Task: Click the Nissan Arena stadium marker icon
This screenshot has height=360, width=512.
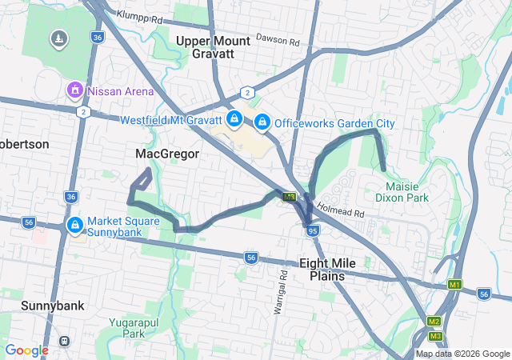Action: pyautogui.click(x=75, y=90)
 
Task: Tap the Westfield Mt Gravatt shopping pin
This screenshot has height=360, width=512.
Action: pyautogui.click(x=234, y=120)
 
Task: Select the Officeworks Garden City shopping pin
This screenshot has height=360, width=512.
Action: pyautogui.click(x=262, y=122)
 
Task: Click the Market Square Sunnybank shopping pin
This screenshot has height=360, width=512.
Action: pyautogui.click(x=75, y=226)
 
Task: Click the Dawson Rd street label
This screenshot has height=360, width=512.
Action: pyautogui.click(x=278, y=38)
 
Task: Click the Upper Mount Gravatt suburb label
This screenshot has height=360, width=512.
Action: pyautogui.click(x=205, y=47)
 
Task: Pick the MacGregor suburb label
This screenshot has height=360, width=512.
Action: pyautogui.click(x=167, y=154)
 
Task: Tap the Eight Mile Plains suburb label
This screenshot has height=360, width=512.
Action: pyautogui.click(x=322, y=269)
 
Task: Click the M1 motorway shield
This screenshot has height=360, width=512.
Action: pyautogui.click(x=455, y=284)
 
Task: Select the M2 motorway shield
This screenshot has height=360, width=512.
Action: pyautogui.click(x=434, y=322)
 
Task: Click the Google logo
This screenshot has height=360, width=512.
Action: pyautogui.click(x=26, y=350)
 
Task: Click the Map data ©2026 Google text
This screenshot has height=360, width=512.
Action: pyautogui.click(x=462, y=354)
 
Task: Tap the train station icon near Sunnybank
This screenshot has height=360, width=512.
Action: pyautogui.click(x=64, y=341)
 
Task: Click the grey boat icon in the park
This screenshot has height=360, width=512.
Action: pyautogui.click(x=58, y=38)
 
